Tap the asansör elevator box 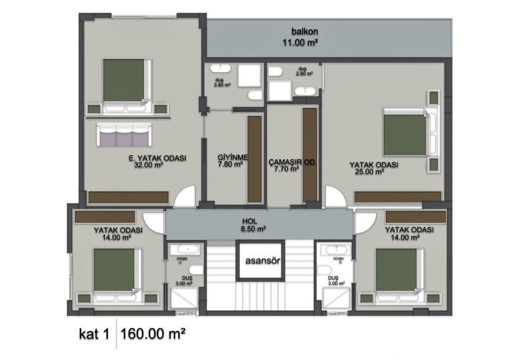[263, 261]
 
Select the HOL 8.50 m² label [254, 225]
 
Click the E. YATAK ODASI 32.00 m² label [157, 162]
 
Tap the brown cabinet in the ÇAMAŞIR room [310, 155]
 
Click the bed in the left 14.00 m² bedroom [115, 272]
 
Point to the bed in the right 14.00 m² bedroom [397, 272]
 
